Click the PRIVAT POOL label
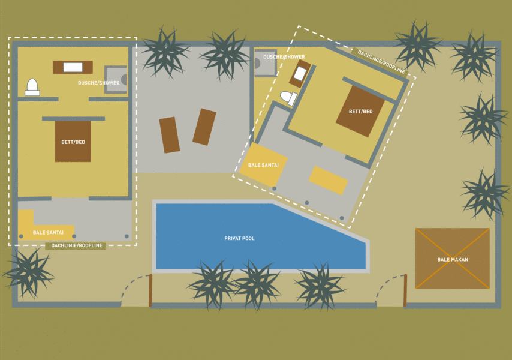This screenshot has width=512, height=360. [239, 238]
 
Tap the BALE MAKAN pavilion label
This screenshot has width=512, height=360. [453, 260]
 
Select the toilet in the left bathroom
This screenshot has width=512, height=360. [32, 87]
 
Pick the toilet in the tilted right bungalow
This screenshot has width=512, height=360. [288, 98]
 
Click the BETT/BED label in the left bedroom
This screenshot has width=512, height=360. [73, 142]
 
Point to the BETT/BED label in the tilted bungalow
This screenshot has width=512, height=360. [360, 112]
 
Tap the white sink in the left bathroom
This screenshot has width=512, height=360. [73, 67]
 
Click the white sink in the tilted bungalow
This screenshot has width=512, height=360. [300, 74]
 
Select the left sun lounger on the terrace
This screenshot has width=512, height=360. [170, 135]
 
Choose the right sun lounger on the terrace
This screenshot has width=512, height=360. [204, 127]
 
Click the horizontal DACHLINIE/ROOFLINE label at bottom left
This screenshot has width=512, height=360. [77, 245]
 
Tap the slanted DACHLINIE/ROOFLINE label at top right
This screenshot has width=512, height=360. [381, 61]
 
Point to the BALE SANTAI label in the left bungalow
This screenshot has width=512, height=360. [48, 233]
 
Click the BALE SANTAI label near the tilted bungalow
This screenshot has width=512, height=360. [264, 165]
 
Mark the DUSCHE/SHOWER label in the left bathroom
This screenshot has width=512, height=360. [98, 83]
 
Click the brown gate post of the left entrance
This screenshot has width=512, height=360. [150, 290]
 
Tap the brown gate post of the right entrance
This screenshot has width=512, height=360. [405, 290]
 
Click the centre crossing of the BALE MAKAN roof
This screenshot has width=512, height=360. [453, 259]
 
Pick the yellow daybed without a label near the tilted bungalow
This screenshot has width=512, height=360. [328, 181]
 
